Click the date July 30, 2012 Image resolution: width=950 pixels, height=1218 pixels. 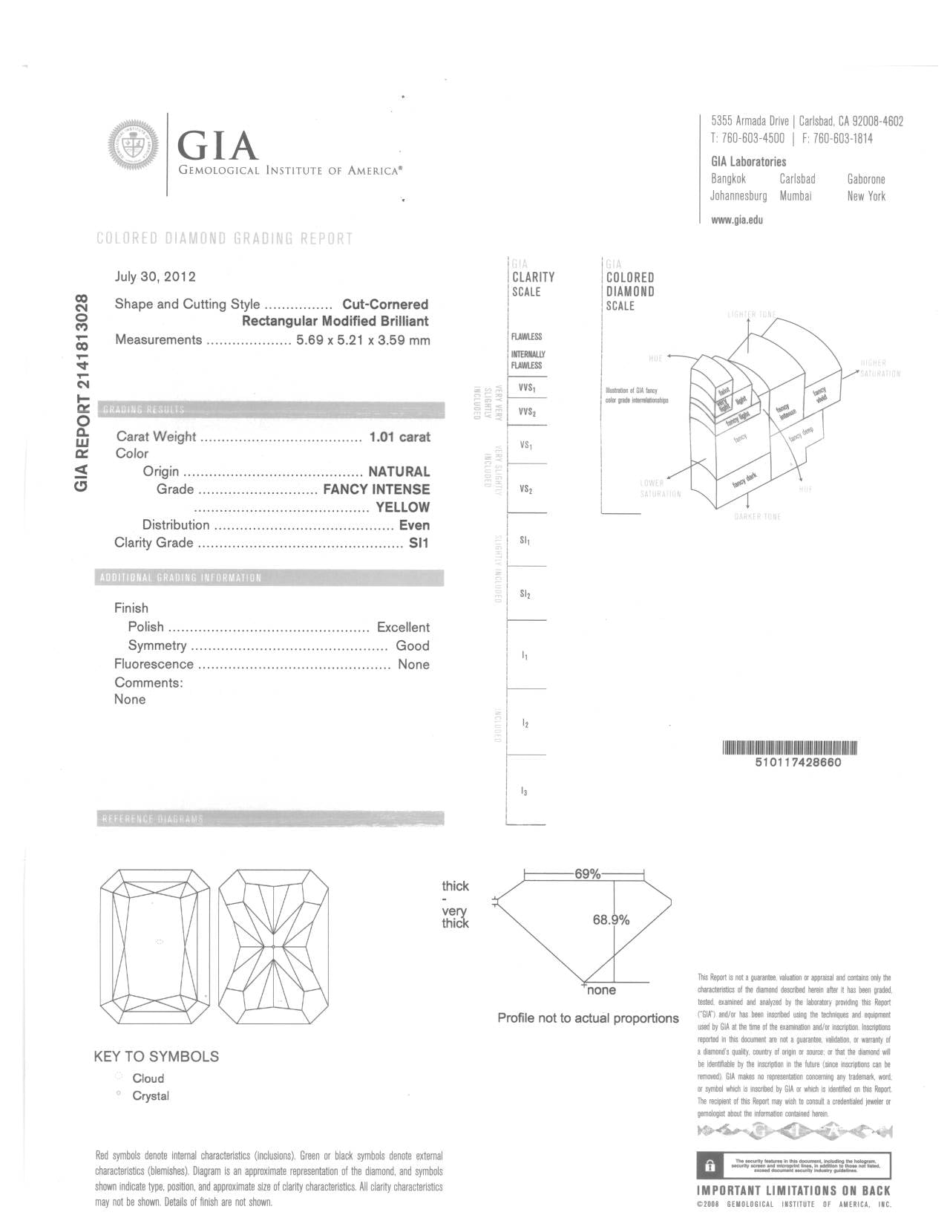point(155,277)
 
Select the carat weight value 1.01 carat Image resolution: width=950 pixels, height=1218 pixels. point(399,437)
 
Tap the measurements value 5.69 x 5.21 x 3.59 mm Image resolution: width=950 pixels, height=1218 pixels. point(363,340)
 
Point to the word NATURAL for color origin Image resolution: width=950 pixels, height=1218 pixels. point(399,472)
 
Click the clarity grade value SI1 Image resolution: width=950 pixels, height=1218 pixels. point(419,543)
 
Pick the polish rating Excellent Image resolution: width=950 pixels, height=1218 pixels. point(403,628)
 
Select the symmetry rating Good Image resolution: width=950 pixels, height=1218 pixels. point(412,646)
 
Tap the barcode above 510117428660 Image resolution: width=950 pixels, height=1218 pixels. point(789,748)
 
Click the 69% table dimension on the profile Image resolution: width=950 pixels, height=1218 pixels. point(587,874)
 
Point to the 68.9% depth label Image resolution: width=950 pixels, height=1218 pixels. point(611,920)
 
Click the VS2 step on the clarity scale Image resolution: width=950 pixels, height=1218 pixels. point(526,490)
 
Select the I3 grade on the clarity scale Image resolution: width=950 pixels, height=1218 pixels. point(525,792)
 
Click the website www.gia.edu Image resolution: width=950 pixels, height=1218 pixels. point(737,220)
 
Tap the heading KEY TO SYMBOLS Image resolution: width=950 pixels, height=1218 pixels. point(157,1057)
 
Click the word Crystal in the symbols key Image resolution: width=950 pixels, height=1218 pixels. point(151,1096)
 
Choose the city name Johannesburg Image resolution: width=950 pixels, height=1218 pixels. point(738,197)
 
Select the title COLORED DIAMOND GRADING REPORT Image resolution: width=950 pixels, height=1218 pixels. point(225,238)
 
